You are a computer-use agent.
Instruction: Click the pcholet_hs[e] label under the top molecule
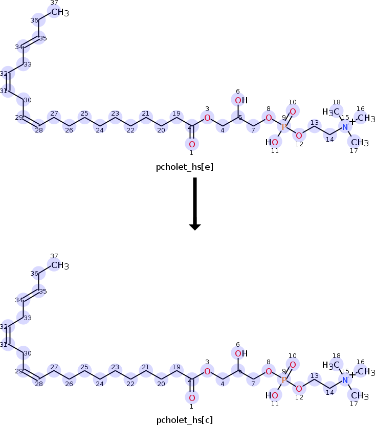[x=185, y=167]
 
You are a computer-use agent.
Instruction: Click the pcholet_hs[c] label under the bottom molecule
[x=185, y=420]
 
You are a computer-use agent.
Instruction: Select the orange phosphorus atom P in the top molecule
[x=284, y=126]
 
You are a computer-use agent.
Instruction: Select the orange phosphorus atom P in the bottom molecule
[x=284, y=380]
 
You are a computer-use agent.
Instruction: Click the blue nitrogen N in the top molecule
[x=345, y=126]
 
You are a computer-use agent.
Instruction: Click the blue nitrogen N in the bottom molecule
[x=345, y=380]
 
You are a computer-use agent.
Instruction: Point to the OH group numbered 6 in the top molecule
[x=241, y=101]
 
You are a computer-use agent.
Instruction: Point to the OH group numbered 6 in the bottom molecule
[x=241, y=354]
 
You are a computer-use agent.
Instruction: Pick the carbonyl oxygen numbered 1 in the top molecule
[x=192, y=144]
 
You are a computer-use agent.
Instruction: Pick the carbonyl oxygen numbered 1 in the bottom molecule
[x=192, y=397]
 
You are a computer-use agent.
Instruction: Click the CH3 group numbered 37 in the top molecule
[x=60, y=12]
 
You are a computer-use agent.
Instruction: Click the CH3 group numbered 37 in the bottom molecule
[x=60, y=265]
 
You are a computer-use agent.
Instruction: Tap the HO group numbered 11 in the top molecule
[x=272, y=142]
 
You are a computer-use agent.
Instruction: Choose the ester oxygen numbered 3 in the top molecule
[x=207, y=118]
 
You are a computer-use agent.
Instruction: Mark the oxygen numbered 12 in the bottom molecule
[x=299, y=389]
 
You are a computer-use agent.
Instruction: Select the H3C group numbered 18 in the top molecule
[x=331, y=111]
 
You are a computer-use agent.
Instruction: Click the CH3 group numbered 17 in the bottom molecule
[x=360, y=396]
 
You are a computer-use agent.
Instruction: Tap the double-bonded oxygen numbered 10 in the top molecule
[x=293, y=111]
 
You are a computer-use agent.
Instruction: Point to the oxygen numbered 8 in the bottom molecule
[x=269, y=371]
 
